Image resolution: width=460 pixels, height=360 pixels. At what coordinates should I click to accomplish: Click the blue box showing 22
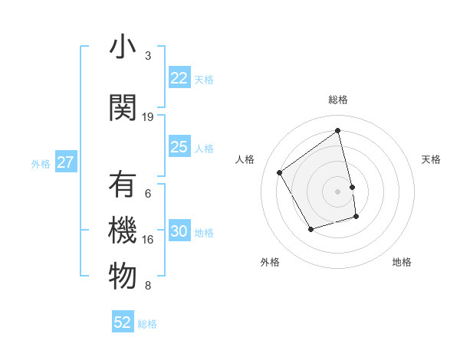(179, 78)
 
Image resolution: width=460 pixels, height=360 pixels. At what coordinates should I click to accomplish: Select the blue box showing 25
(179, 147)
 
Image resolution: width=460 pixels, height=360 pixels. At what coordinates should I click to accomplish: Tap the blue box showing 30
(179, 232)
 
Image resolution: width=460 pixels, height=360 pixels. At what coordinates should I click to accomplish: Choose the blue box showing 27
(66, 162)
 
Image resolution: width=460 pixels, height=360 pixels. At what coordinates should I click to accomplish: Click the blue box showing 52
(123, 322)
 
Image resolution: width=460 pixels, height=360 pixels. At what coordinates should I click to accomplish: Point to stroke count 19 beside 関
(148, 117)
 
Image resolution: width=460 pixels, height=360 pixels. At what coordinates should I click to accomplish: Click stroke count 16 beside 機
(148, 240)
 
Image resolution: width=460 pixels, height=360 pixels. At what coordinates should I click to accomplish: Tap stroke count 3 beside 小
(148, 56)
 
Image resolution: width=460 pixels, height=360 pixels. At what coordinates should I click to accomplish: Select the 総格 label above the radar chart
(338, 100)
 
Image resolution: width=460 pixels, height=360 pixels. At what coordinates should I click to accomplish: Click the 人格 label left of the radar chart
(245, 159)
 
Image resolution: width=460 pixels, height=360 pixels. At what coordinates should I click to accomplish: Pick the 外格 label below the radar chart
(270, 262)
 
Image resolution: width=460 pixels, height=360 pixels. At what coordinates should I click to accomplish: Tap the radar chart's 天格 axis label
(431, 159)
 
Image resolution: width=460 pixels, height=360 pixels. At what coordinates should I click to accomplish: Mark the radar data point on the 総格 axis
(338, 131)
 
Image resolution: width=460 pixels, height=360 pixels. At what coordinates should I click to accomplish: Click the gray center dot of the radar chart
(338, 191)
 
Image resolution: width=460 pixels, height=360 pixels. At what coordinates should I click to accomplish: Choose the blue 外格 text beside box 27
(40, 163)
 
